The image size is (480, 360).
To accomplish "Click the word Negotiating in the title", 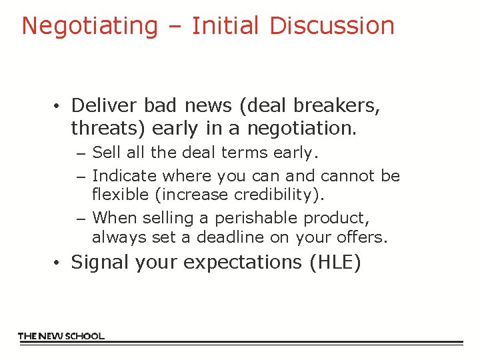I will [x=89, y=26].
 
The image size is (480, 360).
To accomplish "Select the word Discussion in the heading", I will [x=332, y=26].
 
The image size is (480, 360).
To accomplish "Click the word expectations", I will [x=244, y=263].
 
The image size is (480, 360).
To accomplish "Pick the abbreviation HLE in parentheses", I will [x=335, y=263].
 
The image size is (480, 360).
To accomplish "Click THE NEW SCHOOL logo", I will [x=61, y=336].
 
